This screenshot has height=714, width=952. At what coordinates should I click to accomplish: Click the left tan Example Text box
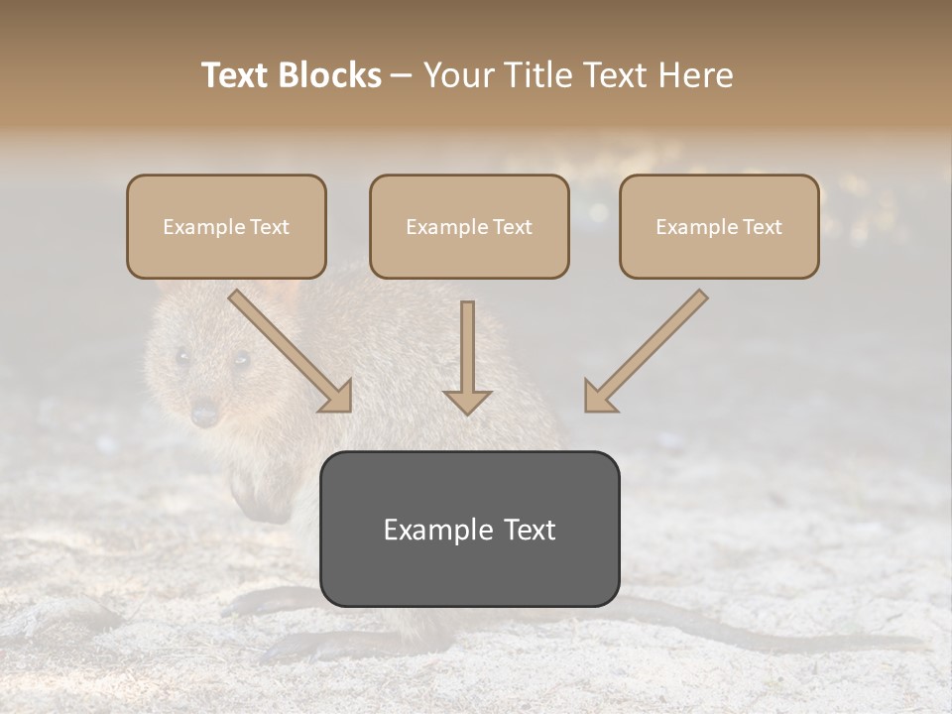click(x=226, y=226)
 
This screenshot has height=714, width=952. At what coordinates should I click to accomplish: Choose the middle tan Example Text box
click(x=469, y=226)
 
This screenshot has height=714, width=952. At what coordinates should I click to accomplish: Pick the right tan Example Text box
click(x=719, y=226)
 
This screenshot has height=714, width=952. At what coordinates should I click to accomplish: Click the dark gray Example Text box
click(x=469, y=529)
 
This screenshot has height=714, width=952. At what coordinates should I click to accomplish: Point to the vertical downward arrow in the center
click(x=467, y=357)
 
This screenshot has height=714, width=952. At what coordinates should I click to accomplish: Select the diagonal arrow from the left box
click(x=291, y=351)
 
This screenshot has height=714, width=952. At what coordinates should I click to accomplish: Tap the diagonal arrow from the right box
click(x=646, y=351)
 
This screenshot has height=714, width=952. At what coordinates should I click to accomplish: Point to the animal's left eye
click(x=181, y=356)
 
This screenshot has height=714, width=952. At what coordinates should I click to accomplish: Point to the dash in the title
click(x=403, y=75)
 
